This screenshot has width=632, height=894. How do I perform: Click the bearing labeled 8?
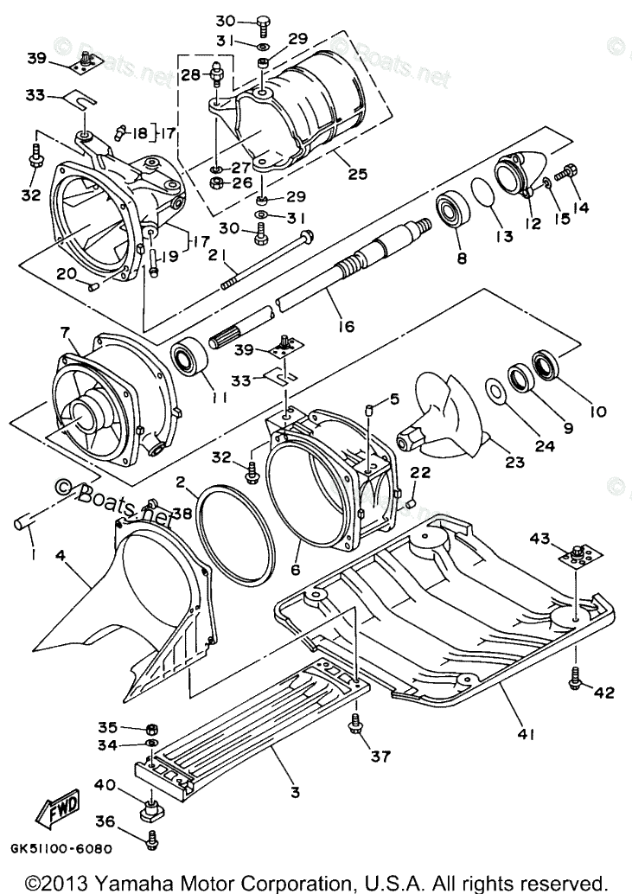click(453, 211)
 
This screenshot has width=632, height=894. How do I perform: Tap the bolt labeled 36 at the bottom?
click(152, 836)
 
